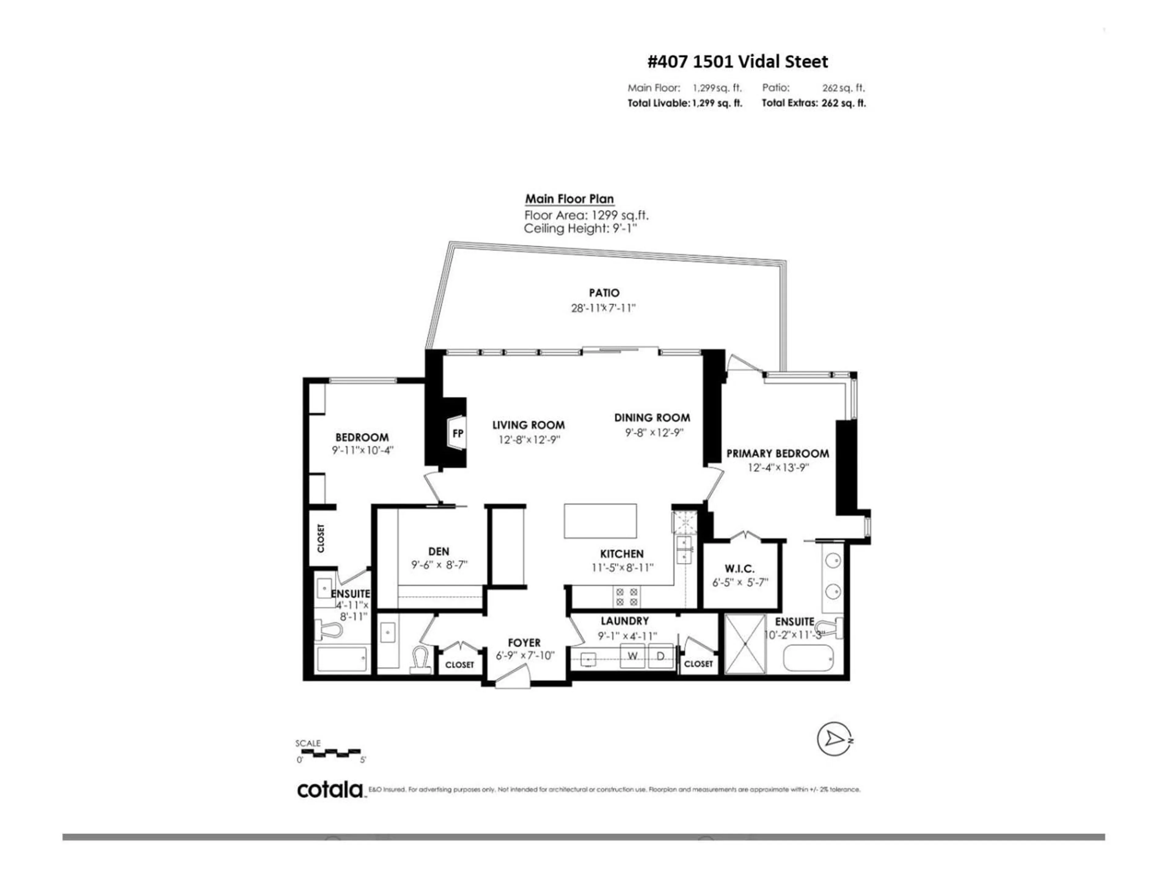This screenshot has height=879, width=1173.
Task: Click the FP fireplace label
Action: pyautogui.click(x=458, y=433)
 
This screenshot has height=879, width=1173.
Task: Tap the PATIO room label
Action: pyautogui.click(x=604, y=292)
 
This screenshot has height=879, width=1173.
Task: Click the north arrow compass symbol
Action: pyautogui.click(x=834, y=739)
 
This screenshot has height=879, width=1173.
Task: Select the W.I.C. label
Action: pyautogui.click(x=739, y=569)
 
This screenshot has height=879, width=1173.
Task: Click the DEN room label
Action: pyautogui.click(x=439, y=552)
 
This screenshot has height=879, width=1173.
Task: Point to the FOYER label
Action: pyautogui.click(x=524, y=643)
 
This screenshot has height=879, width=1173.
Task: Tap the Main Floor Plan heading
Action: pyautogui.click(x=569, y=199)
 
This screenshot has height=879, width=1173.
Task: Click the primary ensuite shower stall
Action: pyautogui.click(x=746, y=644)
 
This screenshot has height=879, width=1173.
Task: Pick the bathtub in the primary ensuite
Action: pyautogui.click(x=808, y=657)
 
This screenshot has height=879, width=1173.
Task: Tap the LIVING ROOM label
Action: pyautogui.click(x=528, y=425)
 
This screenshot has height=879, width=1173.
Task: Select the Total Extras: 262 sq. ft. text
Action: pyautogui.click(x=813, y=103)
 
